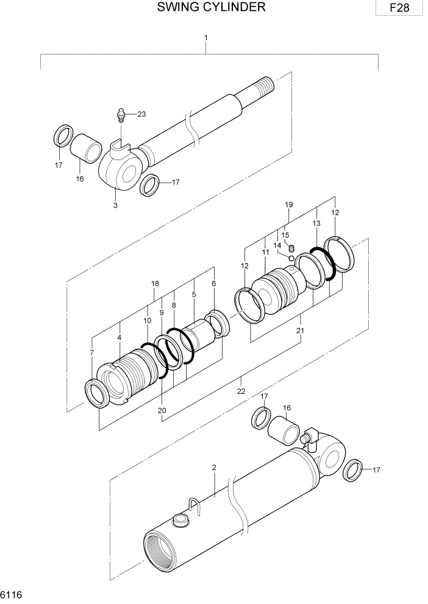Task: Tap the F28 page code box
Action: point(400,9)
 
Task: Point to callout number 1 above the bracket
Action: point(206,38)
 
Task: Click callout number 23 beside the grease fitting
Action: point(141,114)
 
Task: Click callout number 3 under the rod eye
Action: point(115,205)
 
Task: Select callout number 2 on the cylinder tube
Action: point(214,468)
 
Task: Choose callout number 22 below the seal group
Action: point(241,391)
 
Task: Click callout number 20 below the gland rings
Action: point(162,410)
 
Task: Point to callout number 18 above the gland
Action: point(155,284)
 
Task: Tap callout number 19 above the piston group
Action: point(290,205)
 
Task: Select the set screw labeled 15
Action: point(291,248)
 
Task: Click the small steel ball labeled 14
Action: point(291,258)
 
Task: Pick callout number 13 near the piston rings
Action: point(316,223)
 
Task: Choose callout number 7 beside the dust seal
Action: point(92,353)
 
